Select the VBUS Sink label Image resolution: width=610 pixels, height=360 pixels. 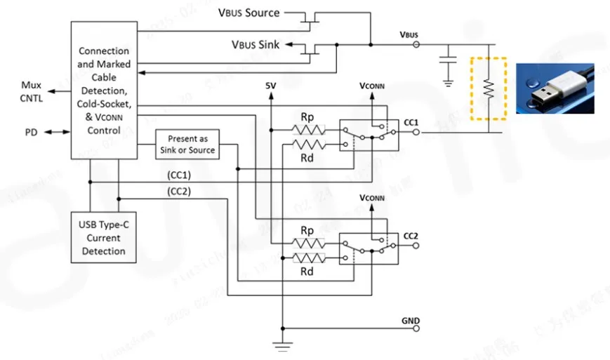pos(256,45)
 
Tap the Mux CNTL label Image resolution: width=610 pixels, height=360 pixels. pos(31,92)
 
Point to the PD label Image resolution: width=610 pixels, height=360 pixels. pos(31,131)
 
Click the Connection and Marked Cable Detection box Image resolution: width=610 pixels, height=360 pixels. pos(103,90)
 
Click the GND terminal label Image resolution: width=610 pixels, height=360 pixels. pos(411,321)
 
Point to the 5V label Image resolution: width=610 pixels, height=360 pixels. pos(271,86)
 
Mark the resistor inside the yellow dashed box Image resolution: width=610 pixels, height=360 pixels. pos(489,88)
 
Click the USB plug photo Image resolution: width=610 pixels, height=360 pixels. pos(555,88)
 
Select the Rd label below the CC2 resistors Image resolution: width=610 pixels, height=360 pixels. pos(307,272)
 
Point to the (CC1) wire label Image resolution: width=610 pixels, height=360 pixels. pos(179,174)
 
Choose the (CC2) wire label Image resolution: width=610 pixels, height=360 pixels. pos(179,191)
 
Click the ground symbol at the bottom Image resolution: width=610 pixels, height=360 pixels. pos(282,343)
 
